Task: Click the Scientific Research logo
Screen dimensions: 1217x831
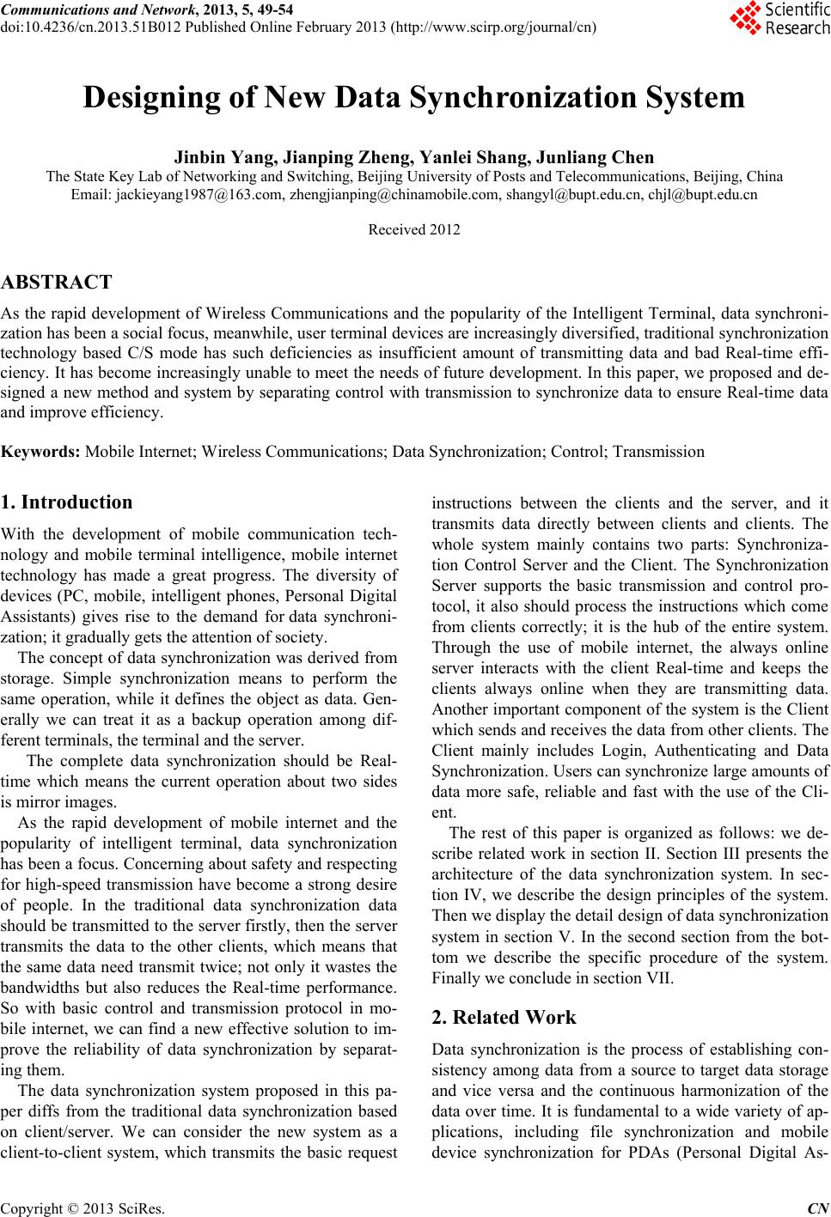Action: pos(779,18)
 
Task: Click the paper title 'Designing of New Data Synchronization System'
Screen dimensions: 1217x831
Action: pos(414,98)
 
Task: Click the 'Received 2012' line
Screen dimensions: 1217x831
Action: pos(413,230)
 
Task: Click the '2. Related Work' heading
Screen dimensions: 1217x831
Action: pos(504,1018)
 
